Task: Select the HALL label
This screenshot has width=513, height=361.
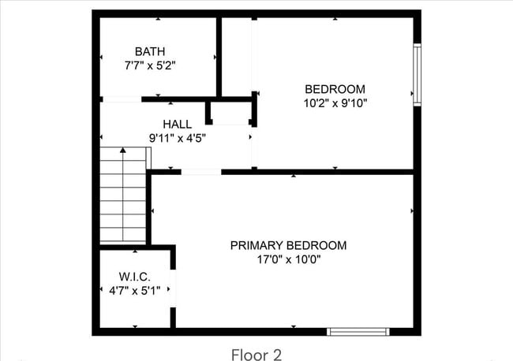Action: (177, 124)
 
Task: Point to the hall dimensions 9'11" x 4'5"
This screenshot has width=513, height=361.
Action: (177, 138)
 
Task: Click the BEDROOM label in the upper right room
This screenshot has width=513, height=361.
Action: (335, 88)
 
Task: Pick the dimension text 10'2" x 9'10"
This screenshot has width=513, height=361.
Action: (335, 102)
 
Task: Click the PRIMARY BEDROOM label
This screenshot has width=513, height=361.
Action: (288, 245)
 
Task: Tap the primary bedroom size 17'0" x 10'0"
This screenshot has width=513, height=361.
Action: (288, 259)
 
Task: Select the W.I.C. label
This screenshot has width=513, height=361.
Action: (135, 277)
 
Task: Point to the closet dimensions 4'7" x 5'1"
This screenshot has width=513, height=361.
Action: (135, 291)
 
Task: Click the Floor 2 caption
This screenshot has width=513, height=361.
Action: (256, 354)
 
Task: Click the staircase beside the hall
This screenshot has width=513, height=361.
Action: (123, 195)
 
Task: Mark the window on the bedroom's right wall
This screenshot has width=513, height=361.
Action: (417, 74)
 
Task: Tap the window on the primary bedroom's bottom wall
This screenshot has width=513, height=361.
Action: (358, 331)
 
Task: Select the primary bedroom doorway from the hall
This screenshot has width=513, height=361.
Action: (201, 171)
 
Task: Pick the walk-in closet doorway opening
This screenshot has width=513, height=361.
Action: (174, 288)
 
